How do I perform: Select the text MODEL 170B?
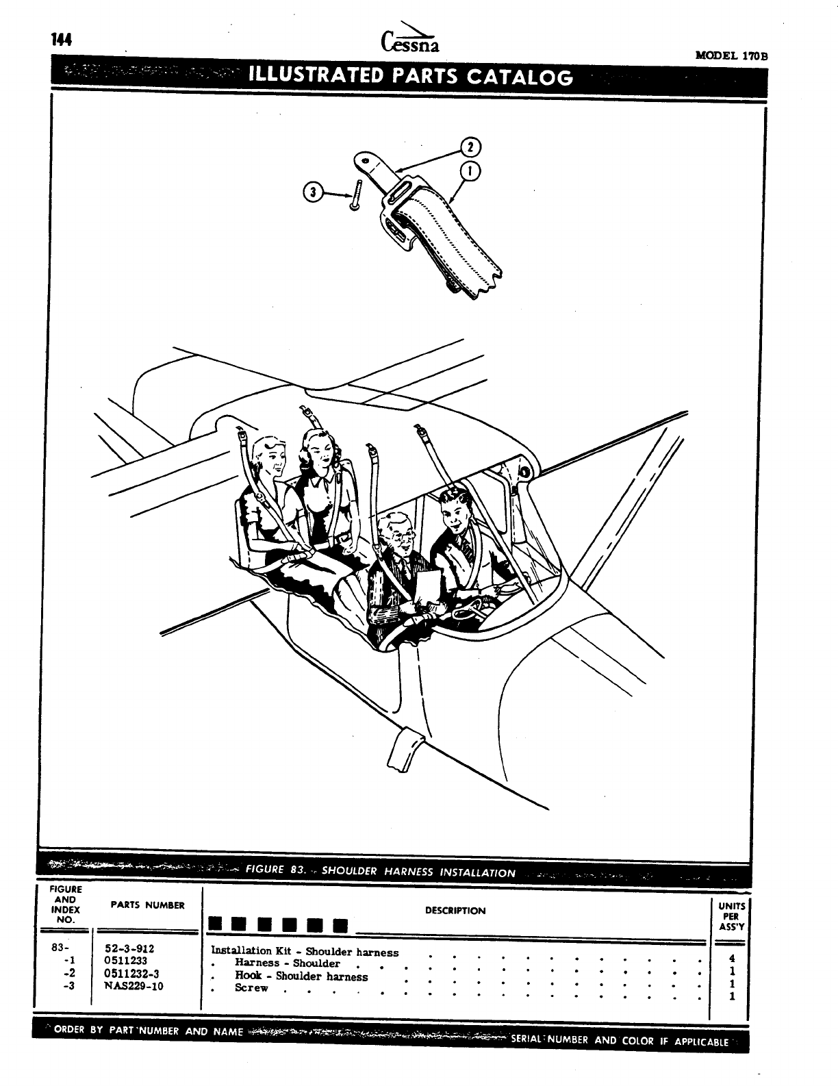coord(731,55)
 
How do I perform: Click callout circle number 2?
coord(471,147)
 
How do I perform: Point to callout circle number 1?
coord(471,171)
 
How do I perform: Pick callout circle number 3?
coord(313,192)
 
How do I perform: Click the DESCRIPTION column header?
coord(455,911)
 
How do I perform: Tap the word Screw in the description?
coord(251,988)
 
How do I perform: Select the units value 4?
coord(732,959)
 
